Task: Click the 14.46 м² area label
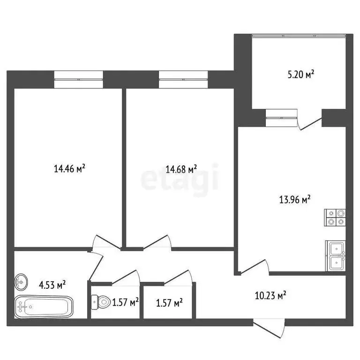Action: [x=69, y=169]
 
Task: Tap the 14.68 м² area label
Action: [x=181, y=169]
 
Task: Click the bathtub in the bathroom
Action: [x=43, y=307]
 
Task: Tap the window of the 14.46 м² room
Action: [x=78, y=78]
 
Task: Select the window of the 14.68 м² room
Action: [x=183, y=78]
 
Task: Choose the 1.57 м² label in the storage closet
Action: [x=169, y=302]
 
